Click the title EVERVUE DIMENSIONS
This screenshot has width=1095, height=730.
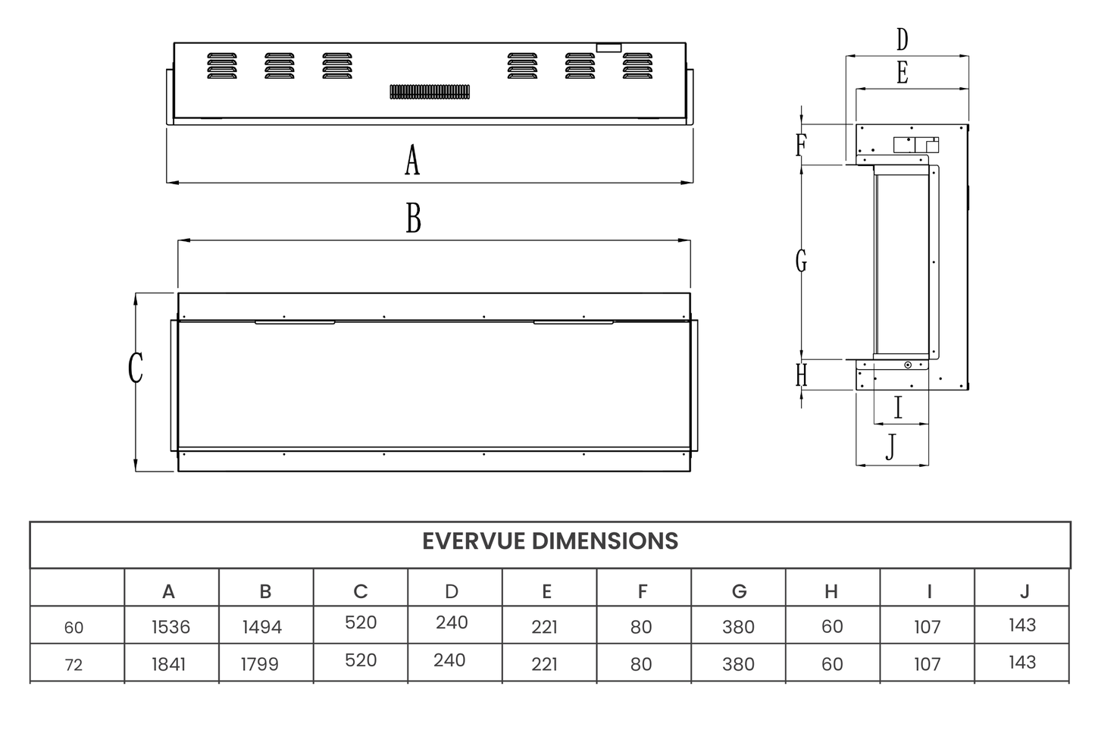tap(549, 541)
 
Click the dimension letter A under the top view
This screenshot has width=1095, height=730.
tap(411, 161)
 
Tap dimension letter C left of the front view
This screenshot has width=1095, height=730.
tap(136, 368)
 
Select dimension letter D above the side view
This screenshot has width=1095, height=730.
tap(902, 39)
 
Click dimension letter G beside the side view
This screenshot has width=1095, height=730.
tap(801, 262)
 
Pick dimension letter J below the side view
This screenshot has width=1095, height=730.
tap(890, 447)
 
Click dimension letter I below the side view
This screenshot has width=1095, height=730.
tap(899, 408)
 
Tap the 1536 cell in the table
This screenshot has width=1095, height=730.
tap(171, 627)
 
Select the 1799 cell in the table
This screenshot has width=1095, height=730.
tap(260, 664)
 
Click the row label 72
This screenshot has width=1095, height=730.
tap(74, 665)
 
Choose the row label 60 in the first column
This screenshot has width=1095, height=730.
tap(74, 628)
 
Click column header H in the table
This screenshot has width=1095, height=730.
tap(831, 591)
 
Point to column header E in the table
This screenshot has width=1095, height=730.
tap(546, 591)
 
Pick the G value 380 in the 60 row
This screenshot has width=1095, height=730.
tap(738, 627)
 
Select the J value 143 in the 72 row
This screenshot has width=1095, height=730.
tap(1022, 662)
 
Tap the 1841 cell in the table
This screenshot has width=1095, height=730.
tap(168, 664)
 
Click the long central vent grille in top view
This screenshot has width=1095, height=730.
tap(430, 92)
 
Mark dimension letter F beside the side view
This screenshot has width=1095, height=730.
tap(800, 144)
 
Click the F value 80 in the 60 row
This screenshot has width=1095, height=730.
tap(641, 627)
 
